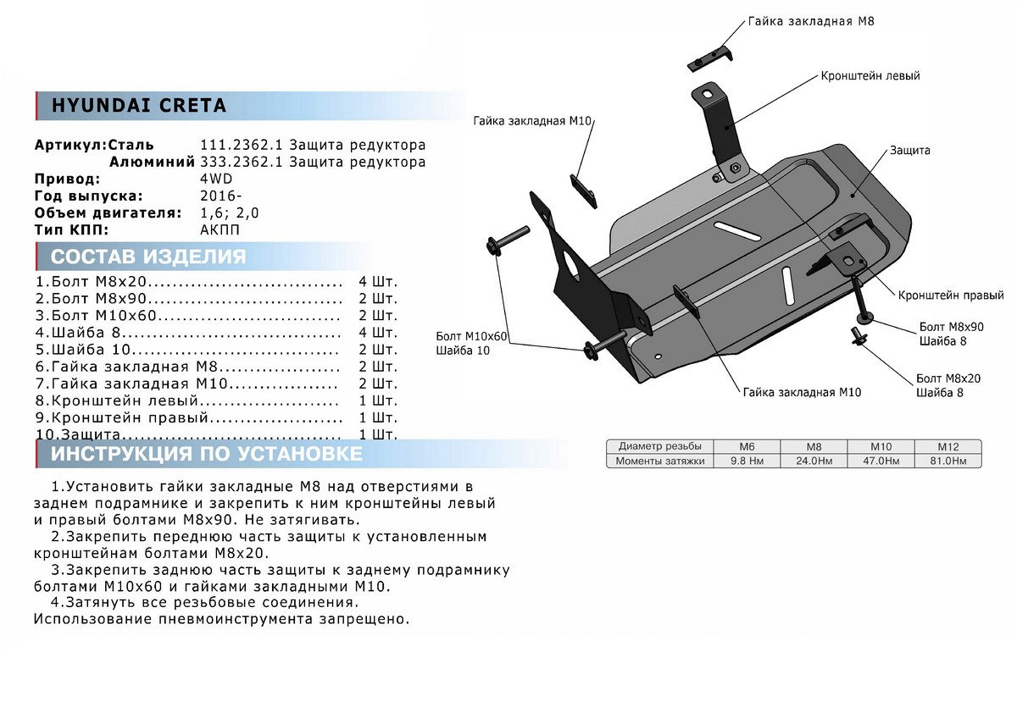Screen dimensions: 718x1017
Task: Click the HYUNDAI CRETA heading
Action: tap(140, 106)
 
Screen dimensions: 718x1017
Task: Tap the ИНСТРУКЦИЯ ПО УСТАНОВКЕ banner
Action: tap(207, 455)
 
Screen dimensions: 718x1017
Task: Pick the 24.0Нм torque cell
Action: tap(813, 461)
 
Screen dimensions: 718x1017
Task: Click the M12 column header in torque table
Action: tap(948, 446)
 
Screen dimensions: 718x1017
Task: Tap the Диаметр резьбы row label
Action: tap(659, 446)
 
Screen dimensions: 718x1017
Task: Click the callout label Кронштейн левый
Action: tap(870, 76)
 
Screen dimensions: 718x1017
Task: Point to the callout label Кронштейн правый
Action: tap(952, 295)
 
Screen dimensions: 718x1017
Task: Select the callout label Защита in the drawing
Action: tap(909, 151)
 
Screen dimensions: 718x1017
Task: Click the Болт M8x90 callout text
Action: tap(951, 326)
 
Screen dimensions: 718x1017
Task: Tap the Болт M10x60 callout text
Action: tap(471, 336)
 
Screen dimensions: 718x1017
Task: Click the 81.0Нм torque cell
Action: tap(948, 461)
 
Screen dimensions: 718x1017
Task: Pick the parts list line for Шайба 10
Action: tap(186, 350)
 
